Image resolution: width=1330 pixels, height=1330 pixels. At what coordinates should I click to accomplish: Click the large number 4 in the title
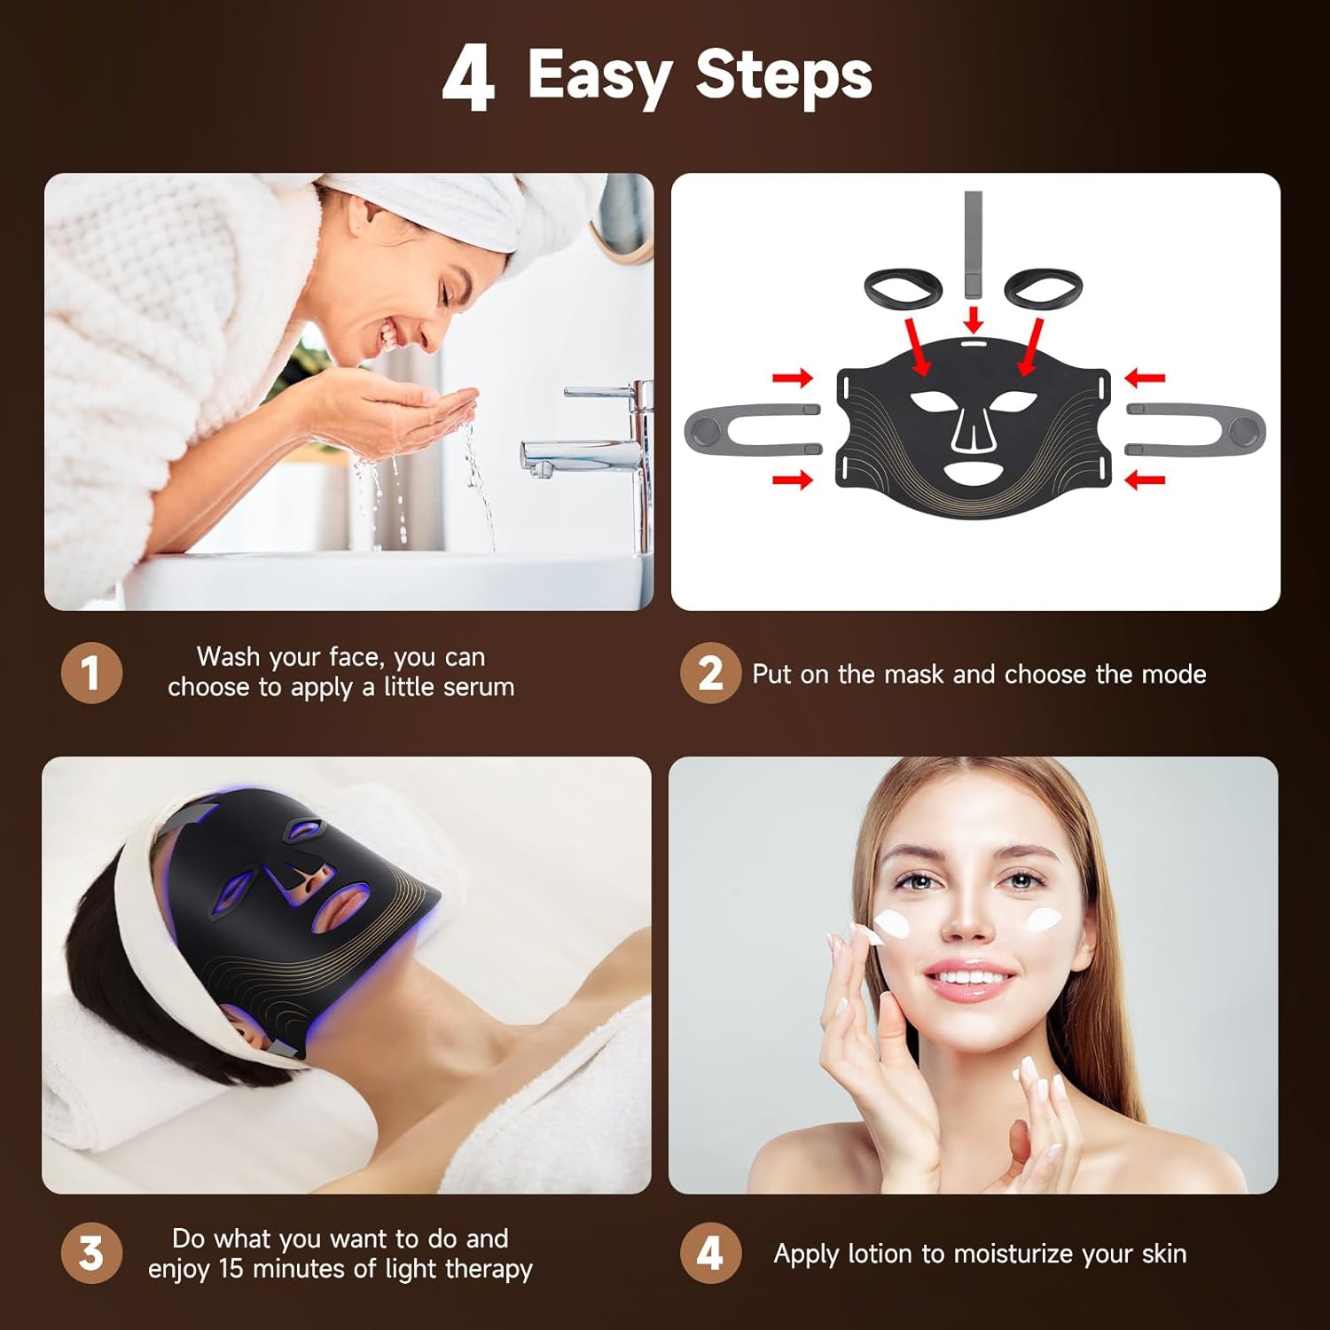point(468,79)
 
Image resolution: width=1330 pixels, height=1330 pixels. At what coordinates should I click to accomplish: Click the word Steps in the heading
point(784,75)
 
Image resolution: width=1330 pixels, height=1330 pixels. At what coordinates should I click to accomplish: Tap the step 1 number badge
point(90,673)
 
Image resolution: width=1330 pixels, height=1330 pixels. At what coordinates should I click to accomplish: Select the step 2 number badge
point(709,673)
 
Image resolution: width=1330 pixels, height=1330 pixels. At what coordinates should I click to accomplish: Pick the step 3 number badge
point(90,1253)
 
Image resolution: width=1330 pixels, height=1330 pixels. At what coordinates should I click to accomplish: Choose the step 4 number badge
point(709,1253)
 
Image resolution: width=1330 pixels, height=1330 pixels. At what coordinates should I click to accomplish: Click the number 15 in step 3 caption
point(231,1269)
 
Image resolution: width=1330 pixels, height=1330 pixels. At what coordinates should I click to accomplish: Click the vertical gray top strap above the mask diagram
point(973,244)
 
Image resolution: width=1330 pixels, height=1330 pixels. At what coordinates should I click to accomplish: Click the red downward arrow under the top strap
point(974,318)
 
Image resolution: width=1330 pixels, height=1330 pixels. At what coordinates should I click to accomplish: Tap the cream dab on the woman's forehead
point(891,927)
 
